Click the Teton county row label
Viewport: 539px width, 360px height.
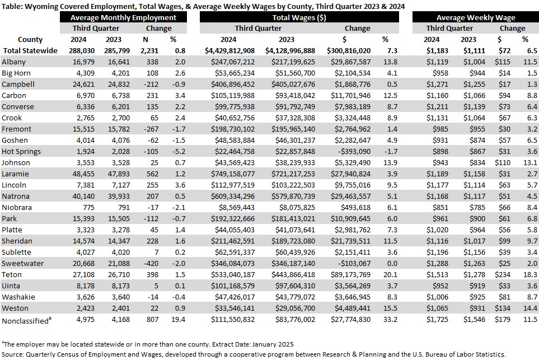tap(12, 275)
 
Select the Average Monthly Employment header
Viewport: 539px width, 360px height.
tap(123, 17)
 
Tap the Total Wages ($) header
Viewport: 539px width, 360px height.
tap(299, 17)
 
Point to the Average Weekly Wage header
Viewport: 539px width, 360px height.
tap(476, 17)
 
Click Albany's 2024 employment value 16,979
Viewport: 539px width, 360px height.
tap(83, 62)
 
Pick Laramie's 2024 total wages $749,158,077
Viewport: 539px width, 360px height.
tap(233, 174)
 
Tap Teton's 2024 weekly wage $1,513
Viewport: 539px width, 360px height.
tap(437, 275)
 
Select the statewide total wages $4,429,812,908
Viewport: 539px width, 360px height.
tap(229, 51)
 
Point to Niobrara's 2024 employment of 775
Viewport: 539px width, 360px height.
tap(88, 207)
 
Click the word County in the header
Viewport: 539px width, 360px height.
tap(30, 40)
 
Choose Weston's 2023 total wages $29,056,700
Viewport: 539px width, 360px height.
tap(295, 308)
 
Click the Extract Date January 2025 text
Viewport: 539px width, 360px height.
tap(253, 344)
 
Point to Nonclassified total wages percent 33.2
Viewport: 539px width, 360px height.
tap(390, 320)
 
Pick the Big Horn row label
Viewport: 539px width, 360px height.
tap(16, 73)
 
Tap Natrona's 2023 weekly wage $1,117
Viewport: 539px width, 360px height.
tap(474, 197)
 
